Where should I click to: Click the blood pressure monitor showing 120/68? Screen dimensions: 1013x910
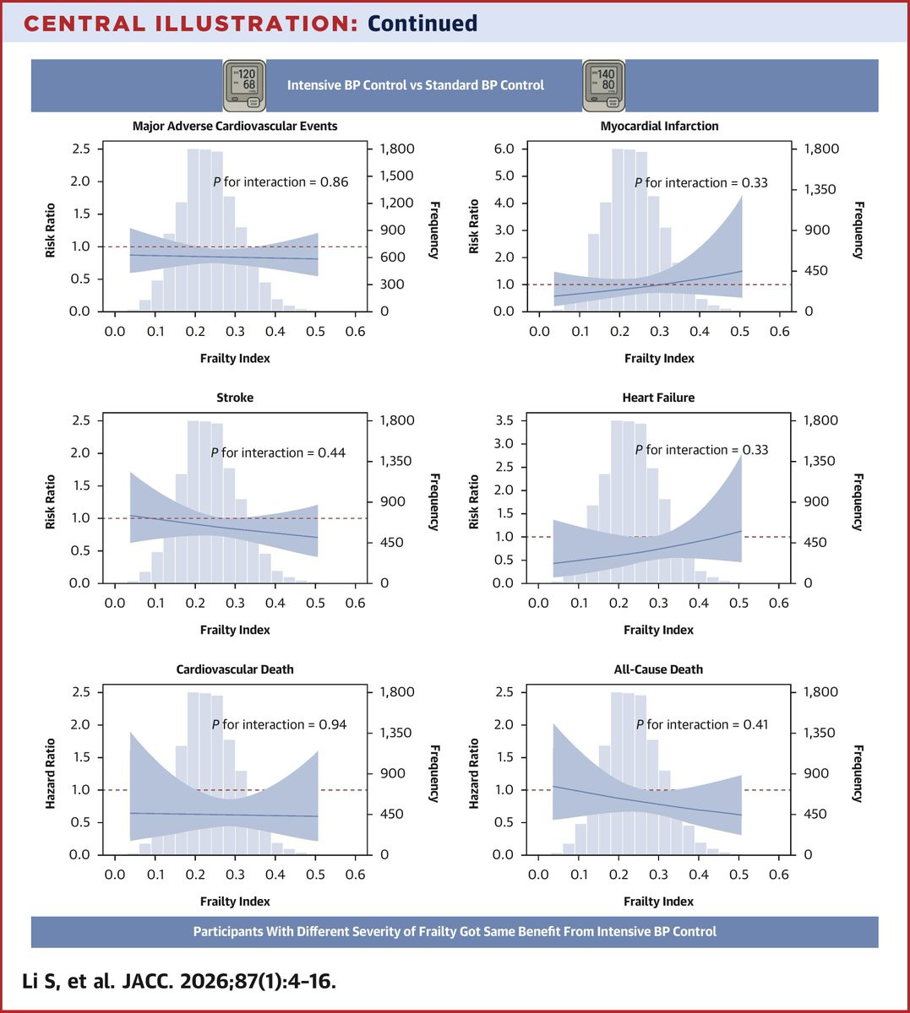click(x=243, y=85)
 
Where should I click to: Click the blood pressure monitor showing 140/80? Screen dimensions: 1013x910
click(x=603, y=85)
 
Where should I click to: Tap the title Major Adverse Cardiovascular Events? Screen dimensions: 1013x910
click(x=235, y=126)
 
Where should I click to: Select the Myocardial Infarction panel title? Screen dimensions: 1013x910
click(x=659, y=126)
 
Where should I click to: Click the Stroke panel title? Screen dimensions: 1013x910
click(x=235, y=398)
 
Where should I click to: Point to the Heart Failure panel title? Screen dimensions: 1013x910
click(x=658, y=398)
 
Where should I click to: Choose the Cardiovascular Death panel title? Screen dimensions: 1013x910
click(x=235, y=669)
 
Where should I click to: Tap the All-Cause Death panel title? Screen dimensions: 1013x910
click(x=658, y=669)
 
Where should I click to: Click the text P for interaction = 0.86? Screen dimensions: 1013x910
click(x=280, y=181)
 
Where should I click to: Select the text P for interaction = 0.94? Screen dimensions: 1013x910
click(x=279, y=724)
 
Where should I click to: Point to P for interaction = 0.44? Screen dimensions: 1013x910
click(x=278, y=453)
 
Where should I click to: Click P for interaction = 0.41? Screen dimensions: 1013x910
click(x=702, y=724)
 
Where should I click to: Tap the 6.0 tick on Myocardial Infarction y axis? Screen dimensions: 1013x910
click(x=504, y=149)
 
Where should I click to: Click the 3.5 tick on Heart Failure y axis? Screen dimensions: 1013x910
click(x=504, y=420)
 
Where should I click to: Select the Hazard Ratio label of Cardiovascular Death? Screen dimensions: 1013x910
click(x=51, y=773)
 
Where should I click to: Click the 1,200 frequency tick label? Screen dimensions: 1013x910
click(x=395, y=203)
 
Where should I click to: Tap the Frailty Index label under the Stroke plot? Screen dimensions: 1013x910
click(x=235, y=630)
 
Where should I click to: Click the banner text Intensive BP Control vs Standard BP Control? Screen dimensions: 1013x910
click(x=416, y=85)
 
